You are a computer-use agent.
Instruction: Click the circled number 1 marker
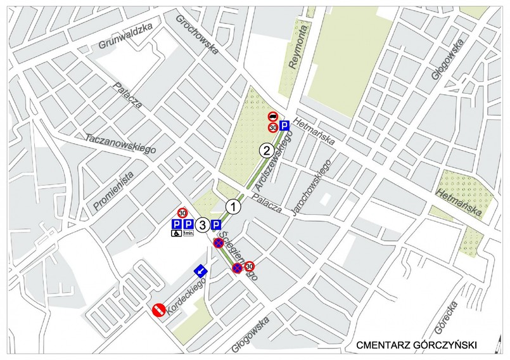234,207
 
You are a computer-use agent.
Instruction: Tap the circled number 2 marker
267,151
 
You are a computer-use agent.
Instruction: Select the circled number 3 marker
201,224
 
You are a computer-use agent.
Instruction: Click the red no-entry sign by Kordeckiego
158,309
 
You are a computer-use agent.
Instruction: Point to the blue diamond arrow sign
201,271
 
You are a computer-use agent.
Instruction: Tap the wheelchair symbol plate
177,234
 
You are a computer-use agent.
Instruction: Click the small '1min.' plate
188,234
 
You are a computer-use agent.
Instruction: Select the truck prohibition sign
272,116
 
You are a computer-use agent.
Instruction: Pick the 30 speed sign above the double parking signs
182,213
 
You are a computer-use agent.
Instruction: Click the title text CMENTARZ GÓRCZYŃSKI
416,345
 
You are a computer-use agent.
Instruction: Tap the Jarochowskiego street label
312,187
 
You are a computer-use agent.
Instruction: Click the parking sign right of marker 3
216,224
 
